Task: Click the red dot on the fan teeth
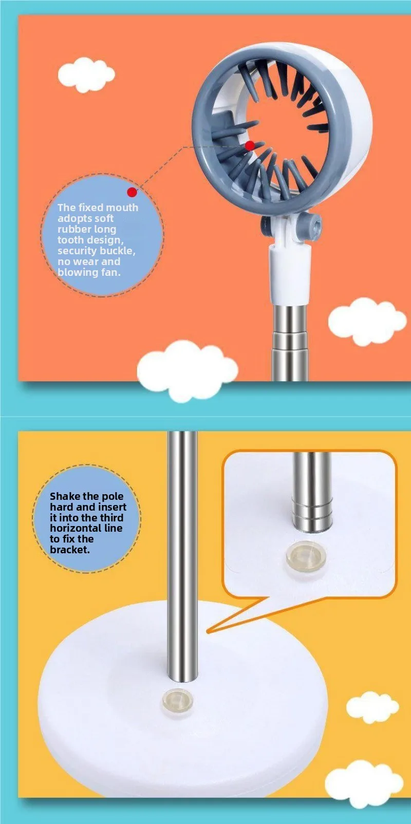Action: (250, 146)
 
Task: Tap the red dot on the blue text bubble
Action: (132, 192)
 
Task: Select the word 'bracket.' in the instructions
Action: (70, 550)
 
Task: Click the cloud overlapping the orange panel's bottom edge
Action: (188, 370)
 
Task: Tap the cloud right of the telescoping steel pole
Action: (367, 322)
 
